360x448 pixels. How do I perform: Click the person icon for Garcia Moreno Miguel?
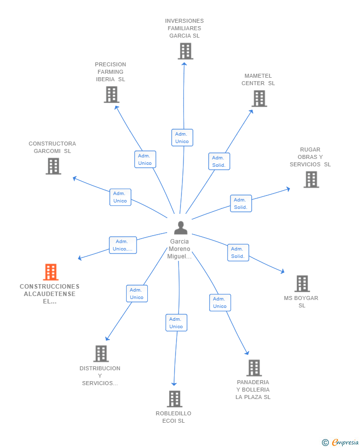coord(180,228)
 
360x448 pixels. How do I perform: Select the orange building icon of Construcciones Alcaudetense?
coord(51,272)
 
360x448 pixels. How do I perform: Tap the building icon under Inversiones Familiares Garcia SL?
coord(185,51)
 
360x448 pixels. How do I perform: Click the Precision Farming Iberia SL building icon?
coord(111,95)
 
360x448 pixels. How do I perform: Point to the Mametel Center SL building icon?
coord(259,99)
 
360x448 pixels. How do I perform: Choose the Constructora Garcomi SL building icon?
coord(53,166)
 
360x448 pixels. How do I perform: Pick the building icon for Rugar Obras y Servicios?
coord(311,179)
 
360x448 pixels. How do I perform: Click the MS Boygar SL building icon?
coord(302,284)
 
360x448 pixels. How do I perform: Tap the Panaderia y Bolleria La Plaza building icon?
coord(254,368)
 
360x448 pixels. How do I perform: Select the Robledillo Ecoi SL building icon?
coord(175,399)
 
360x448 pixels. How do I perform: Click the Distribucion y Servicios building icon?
coord(101,354)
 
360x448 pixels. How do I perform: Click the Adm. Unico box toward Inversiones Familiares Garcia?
coord(182,138)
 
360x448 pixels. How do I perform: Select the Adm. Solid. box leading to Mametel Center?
coord(219,161)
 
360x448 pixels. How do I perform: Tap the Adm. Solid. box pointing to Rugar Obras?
coord(241,203)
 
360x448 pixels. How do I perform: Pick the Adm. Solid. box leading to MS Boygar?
coord(238,252)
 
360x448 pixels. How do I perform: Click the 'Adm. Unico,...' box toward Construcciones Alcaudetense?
coord(123,245)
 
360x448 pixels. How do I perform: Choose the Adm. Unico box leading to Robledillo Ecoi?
coord(176,323)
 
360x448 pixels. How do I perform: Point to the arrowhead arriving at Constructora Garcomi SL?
coord(75,179)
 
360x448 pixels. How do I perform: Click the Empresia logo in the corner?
coord(340,442)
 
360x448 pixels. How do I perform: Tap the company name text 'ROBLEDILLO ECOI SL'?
coord(174,417)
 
